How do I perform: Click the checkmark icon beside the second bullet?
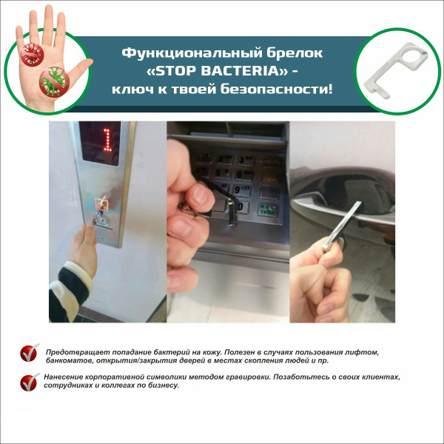pyautogui.click(x=30, y=381)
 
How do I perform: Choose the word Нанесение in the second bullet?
pyautogui.click(x=67, y=377)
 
